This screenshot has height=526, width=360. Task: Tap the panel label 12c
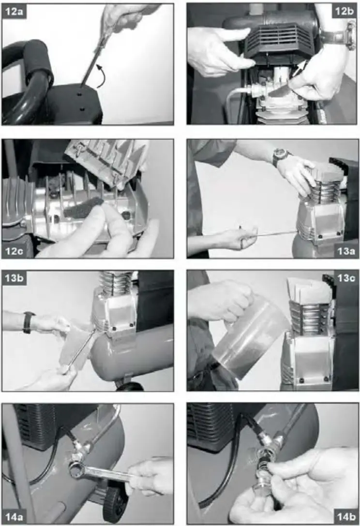[x=14, y=251]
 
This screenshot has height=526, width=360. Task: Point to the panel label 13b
[x=14, y=278]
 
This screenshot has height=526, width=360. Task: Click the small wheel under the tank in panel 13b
[x=130, y=386]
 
